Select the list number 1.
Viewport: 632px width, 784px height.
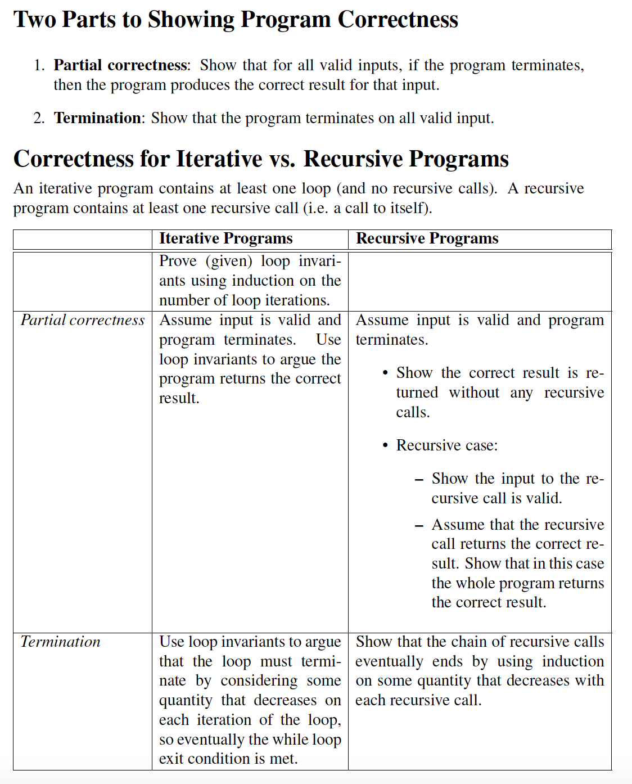(x=38, y=66)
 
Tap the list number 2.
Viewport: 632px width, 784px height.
(x=38, y=118)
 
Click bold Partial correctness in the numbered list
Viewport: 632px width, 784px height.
(x=120, y=65)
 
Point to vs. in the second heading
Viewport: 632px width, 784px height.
(x=282, y=159)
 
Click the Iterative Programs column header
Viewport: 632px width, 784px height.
(x=225, y=238)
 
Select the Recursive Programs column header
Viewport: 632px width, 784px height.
(x=427, y=238)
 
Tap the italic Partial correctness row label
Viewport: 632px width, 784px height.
(x=83, y=320)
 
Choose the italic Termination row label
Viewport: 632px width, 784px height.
(x=60, y=642)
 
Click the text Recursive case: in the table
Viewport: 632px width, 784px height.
(x=446, y=445)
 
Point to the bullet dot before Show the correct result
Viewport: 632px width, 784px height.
(x=385, y=373)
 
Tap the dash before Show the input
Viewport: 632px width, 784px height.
(x=418, y=480)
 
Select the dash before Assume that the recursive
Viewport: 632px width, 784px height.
(x=418, y=526)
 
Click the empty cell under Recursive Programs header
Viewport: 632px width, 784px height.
(x=479, y=281)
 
